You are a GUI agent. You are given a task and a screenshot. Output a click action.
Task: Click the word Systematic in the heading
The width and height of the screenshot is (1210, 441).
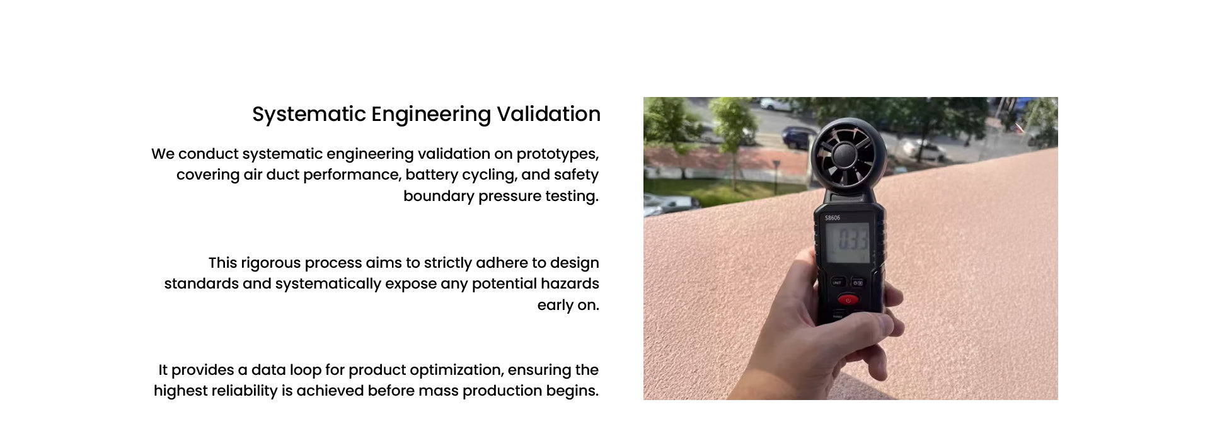[x=309, y=115]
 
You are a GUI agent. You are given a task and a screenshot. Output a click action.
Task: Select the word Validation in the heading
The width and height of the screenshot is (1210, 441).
[x=548, y=114]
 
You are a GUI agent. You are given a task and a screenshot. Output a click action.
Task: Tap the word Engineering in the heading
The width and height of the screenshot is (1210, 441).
[x=431, y=115]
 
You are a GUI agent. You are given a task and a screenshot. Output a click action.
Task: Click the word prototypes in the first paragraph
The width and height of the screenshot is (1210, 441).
[x=557, y=154]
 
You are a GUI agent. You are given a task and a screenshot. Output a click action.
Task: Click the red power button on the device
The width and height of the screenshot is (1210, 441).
[x=848, y=300]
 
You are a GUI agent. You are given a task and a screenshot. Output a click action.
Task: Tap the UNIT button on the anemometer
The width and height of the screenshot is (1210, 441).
[x=837, y=283]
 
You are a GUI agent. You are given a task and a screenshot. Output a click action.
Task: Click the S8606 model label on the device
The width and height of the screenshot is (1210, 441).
[x=833, y=218]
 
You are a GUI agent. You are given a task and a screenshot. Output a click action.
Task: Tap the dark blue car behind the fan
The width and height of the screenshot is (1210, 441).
[x=797, y=137]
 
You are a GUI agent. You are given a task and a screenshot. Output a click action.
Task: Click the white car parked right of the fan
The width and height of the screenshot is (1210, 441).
[x=923, y=150]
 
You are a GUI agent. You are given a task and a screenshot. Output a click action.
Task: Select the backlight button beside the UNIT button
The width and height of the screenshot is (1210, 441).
[x=858, y=283]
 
